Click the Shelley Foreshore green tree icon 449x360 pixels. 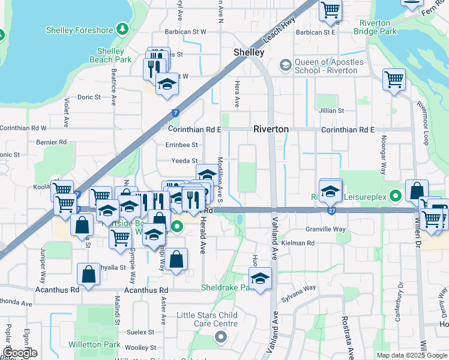click(122, 28)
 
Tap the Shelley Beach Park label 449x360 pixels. click(110, 55)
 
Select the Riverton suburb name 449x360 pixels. click(271, 129)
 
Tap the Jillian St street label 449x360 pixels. click(331, 110)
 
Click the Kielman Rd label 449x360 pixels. click(301, 243)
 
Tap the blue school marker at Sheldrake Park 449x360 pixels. click(261, 279)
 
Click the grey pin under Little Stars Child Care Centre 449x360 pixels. click(220, 336)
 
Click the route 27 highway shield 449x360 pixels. click(332, 211)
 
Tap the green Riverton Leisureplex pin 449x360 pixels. click(395, 196)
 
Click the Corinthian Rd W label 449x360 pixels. click(23, 128)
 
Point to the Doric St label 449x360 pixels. click(89, 97)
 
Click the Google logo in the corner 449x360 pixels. click(19, 353)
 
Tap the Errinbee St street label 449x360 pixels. click(182, 145)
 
